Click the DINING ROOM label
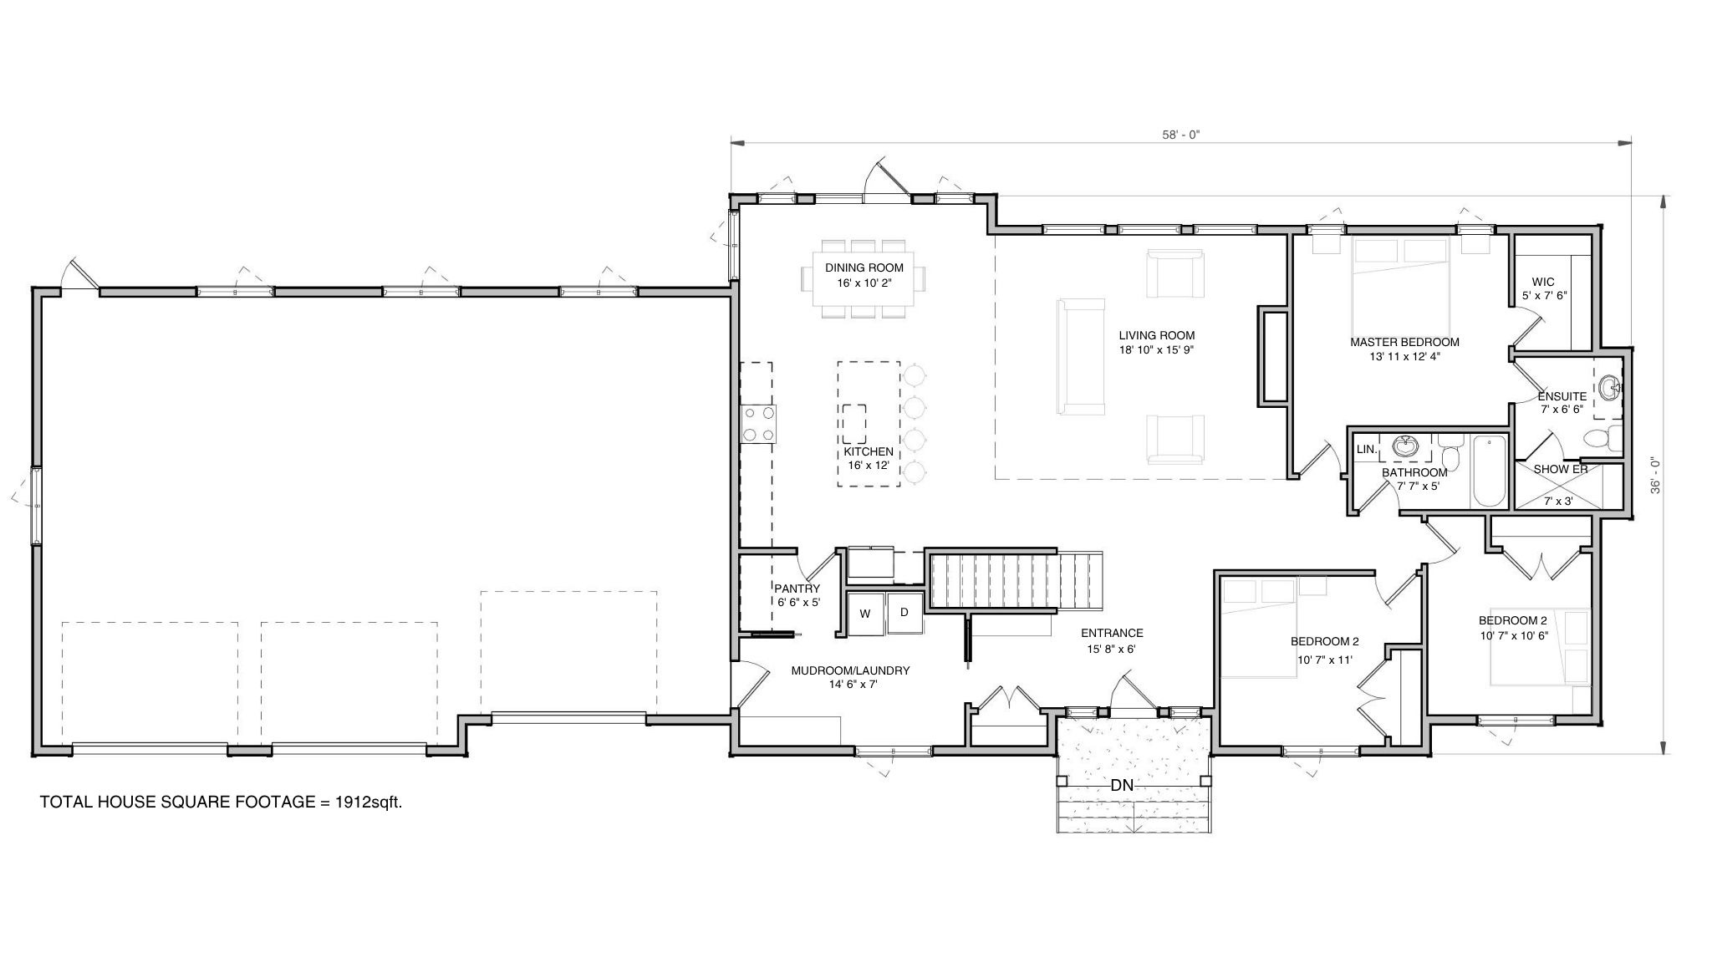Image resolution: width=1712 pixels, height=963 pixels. click(864, 268)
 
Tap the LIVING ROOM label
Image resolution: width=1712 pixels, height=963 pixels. click(1157, 336)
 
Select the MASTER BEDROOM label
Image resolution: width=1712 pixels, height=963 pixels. click(1404, 342)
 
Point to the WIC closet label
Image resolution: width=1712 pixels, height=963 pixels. click(1543, 282)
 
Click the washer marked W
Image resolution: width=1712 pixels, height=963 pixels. click(865, 614)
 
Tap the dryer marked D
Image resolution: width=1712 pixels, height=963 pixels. click(904, 613)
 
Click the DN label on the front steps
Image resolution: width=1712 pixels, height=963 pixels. click(1122, 786)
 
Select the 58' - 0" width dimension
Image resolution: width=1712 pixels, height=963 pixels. click(1180, 133)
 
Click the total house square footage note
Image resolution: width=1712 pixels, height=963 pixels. click(222, 802)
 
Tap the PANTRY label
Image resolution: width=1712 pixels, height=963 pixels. click(797, 588)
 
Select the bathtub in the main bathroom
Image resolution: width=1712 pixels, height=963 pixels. click(1489, 471)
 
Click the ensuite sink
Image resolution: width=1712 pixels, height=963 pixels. click(1609, 387)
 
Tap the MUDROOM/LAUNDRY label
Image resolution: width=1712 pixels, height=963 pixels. click(850, 670)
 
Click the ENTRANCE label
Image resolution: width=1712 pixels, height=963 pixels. click(1111, 633)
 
